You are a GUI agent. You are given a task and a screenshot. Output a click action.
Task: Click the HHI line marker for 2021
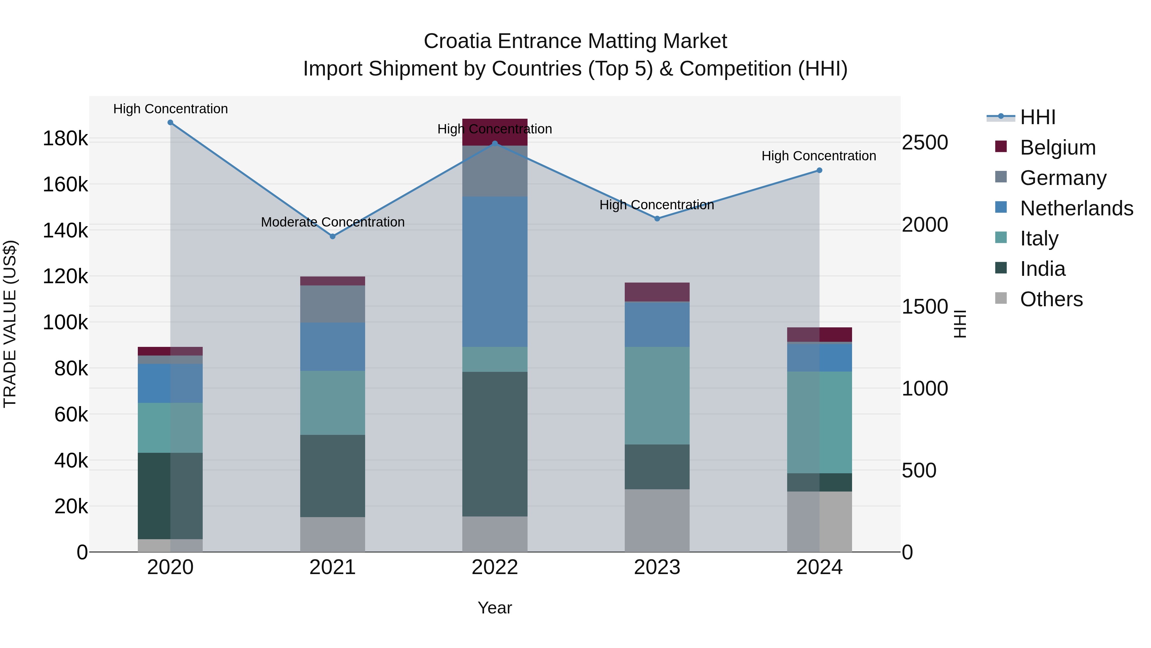[333, 236]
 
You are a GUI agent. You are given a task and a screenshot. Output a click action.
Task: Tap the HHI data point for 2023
[657, 219]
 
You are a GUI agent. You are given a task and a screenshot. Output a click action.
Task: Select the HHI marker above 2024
[819, 170]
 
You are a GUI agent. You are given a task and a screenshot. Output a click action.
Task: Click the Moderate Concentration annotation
[333, 222]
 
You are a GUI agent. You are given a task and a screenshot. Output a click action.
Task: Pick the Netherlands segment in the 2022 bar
[495, 271]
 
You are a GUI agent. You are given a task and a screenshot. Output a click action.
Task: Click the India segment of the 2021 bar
[333, 476]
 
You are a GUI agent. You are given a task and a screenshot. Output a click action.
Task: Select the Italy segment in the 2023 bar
[657, 395]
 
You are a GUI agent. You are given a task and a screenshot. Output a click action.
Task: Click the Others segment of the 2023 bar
[657, 520]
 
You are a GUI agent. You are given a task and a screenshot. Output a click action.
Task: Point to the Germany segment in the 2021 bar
[333, 304]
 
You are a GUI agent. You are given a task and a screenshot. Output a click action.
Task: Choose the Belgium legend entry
[1057, 148]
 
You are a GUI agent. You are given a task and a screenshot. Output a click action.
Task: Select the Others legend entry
[1051, 299]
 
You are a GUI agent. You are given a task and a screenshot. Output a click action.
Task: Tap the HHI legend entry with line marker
[1037, 117]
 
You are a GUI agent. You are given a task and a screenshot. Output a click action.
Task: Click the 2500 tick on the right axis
[924, 143]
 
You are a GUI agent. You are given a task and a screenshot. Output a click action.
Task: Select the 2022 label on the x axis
[495, 567]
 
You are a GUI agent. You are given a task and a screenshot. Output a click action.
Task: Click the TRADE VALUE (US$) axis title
[10, 324]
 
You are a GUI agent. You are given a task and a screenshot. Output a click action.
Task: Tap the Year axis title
[495, 608]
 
